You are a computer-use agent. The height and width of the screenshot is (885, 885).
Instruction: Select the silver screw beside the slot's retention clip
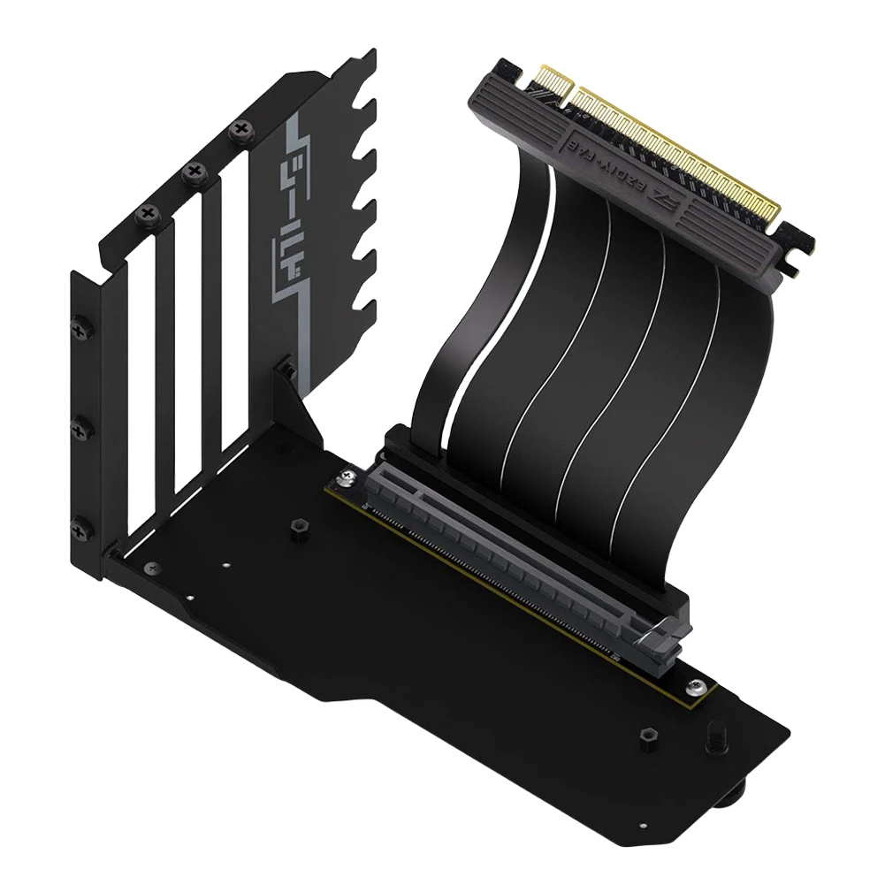(698, 683)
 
